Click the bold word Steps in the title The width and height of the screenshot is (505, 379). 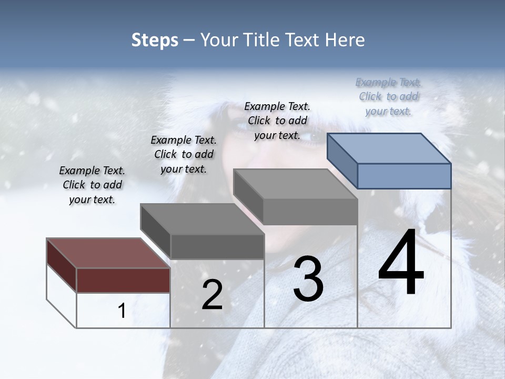coord(155,40)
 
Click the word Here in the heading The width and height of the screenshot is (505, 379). coord(345,40)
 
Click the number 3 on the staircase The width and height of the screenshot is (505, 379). coord(308,279)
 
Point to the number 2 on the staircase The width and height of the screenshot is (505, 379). coord(212,295)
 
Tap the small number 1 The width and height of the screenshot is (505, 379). coord(122,311)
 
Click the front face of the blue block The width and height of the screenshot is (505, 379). coord(404,176)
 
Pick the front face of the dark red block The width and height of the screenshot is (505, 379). coord(123,280)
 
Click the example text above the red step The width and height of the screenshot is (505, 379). coord(92,185)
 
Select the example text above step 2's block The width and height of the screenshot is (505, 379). coord(184,154)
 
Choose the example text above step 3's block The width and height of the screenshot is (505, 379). coord(277,121)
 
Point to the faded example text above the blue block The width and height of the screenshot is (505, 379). coord(388,96)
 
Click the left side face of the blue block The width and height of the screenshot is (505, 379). coord(342,161)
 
